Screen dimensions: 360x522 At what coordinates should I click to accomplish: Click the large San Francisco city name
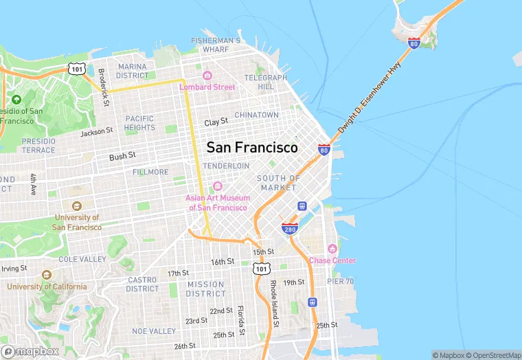252,148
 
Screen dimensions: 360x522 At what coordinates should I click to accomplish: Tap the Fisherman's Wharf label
216,45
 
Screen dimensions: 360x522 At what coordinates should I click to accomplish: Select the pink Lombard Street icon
207,76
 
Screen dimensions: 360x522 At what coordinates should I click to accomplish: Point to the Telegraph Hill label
265,82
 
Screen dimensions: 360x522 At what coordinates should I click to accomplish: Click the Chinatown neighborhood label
256,115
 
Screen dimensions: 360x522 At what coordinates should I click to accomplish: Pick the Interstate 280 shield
288,228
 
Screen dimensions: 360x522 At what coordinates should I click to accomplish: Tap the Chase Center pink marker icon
332,249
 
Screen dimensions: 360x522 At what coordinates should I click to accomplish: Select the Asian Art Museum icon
217,186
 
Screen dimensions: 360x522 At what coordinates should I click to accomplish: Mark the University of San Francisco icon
76,205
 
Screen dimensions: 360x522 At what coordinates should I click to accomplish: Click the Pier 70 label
340,282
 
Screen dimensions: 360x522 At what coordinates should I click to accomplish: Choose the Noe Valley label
154,331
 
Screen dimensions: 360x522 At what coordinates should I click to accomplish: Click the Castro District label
142,284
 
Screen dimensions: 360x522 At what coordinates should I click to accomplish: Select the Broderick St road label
103,87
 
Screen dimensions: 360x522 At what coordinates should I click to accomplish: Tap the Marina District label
133,71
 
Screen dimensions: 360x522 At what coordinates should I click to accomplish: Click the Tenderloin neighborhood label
226,166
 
